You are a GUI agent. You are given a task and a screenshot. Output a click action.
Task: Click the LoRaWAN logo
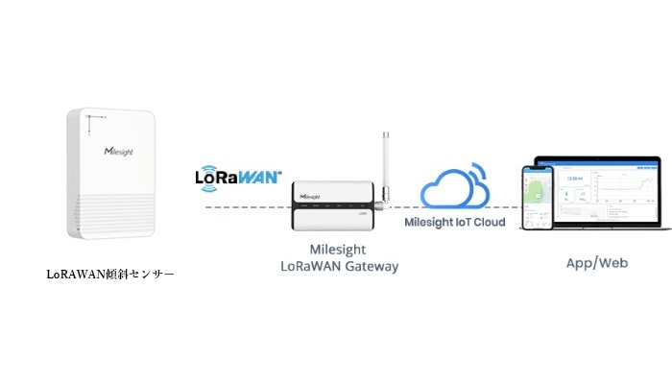coord(237,178)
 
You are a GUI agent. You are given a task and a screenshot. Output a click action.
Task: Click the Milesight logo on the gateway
coord(310,194)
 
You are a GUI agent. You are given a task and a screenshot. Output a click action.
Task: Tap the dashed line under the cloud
coord(451,206)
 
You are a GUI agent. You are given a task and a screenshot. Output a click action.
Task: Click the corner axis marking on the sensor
coord(87,122)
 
